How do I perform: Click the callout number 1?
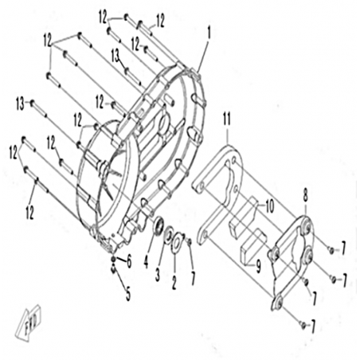pyautogui.click(x=209, y=33)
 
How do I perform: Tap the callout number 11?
pyautogui.click(x=227, y=119)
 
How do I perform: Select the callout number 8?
pyautogui.click(x=306, y=197)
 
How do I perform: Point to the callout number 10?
pyautogui.click(x=269, y=206)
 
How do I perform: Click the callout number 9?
pyautogui.click(x=258, y=266)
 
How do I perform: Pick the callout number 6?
pyautogui.click(x=129, y=262)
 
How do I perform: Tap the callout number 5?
pyautogui.click(x=128, y=294)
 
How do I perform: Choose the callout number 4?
pyautogui.click(x=146, y=262)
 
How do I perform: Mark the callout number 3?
pyautogui.click(x=158, y=275)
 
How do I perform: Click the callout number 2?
pyautogui.click(x=174, y=283)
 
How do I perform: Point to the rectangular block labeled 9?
pyautogui.click(x=252, y=244)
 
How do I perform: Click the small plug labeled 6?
pyautogui.click(x=113, y=260)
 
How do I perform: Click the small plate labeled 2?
pyautogui.click(x=177, y=241)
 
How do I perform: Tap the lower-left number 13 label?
pyautogui.click(x=21, y=104)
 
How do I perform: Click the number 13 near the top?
pyautogui.click(x=115, y=57)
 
